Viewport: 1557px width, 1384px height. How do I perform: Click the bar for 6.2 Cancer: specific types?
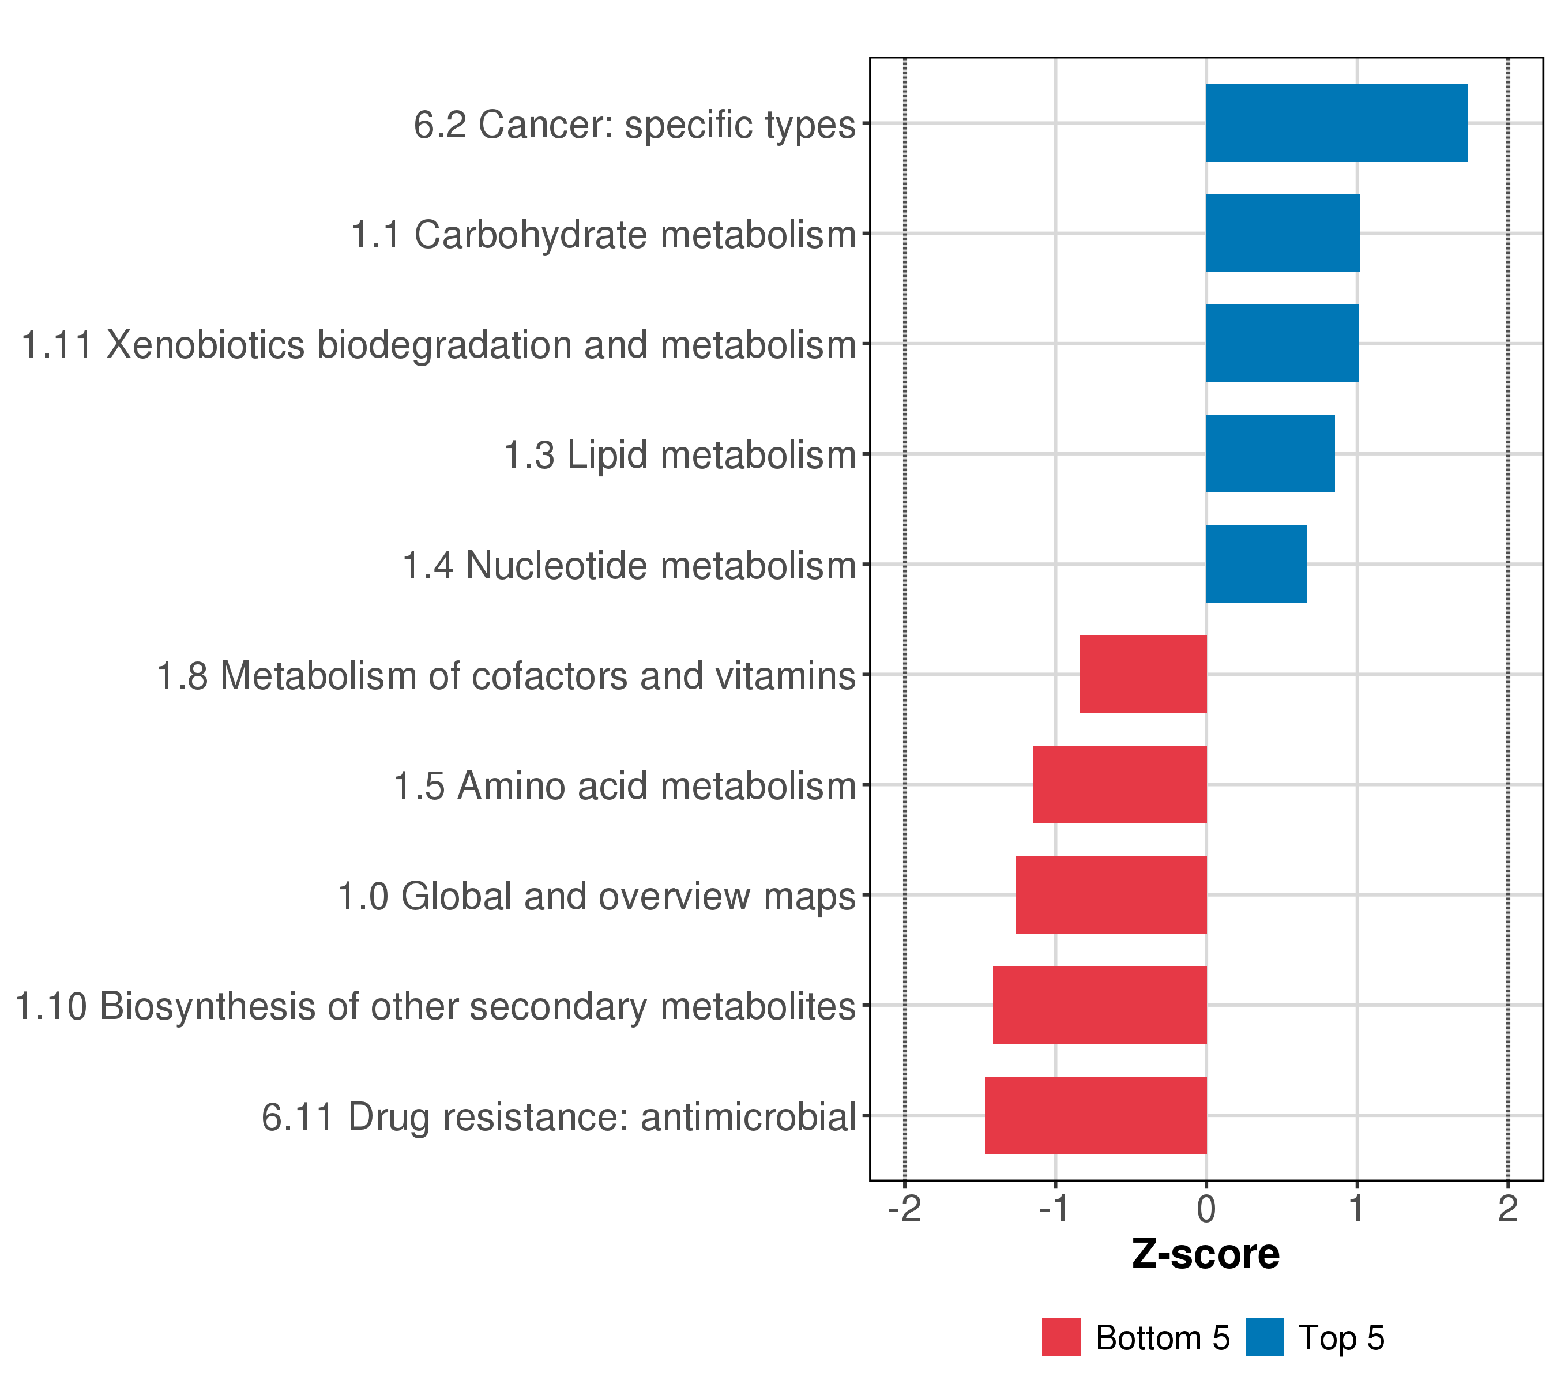pyautogui.click(x=1336, y=123)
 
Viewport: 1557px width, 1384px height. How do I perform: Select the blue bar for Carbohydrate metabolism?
pyautogui.click(x=1282, y=233)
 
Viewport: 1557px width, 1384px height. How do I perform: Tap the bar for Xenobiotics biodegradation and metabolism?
pyautogui.click(x=1281, y=344)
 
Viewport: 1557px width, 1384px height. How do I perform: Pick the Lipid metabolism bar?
pyautogui.click(x=1270, y=454)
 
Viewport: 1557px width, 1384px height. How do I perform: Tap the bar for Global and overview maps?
pyautogui.click(x=1111, y=895)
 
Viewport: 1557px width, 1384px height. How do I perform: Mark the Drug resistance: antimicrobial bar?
pyautogui.click(x=1096, y=1115)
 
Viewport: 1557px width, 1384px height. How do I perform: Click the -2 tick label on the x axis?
pyautogui.click(x=904, y=1210)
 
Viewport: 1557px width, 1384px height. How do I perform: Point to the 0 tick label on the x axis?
pyautogui.click(x=1206, y=1210)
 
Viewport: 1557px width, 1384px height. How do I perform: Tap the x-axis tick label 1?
pyautogui.click(x=1357, y=1210)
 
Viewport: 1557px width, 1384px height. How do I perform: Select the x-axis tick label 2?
pyautogui.click(x=1507, y=1210)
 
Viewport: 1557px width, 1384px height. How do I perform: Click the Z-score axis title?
pyautogui.click(x=1206, y=1254)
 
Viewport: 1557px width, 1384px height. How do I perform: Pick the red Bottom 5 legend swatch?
pyautogui.click(x=1061, y=1337)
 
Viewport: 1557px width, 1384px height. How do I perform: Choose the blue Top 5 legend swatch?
pyautogui.click(x=1265, y=1337)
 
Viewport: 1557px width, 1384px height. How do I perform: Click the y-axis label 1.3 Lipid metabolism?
pyautogui.click(x=680, y=456)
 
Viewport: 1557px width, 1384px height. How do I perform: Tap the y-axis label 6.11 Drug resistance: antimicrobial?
pyautogui.click(x=559, y=1118)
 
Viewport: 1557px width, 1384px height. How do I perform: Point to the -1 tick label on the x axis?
pyautogui.click(x=1055, y=1210)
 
